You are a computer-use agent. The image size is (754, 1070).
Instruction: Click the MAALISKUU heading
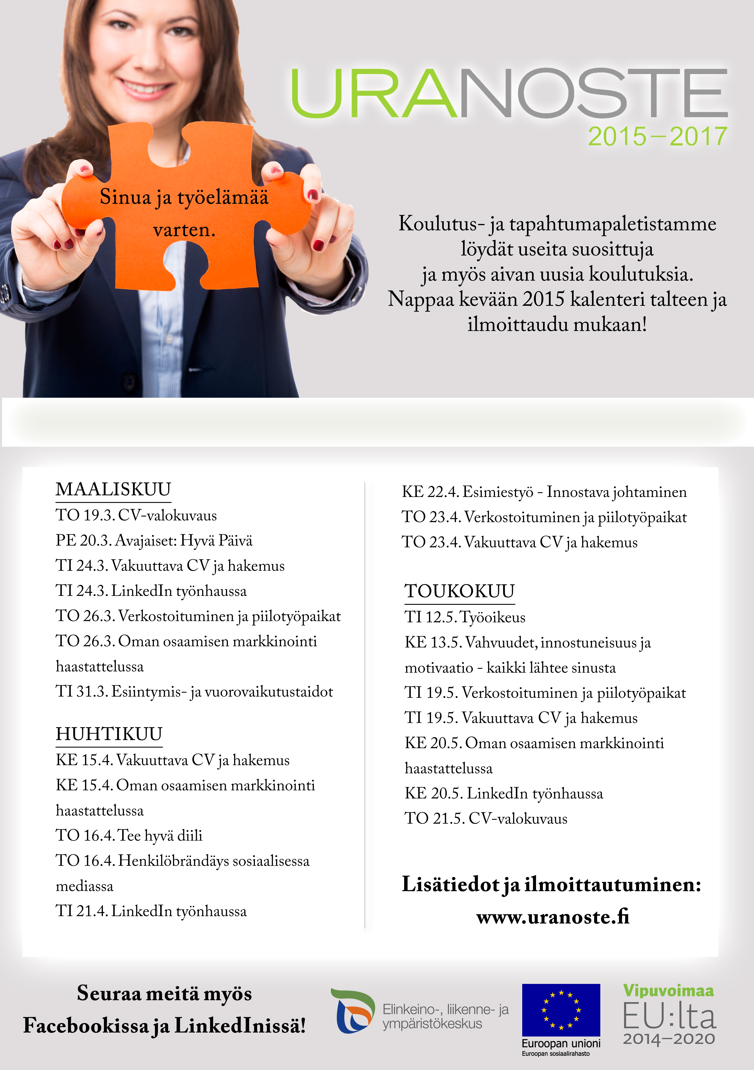(x=113, y=489)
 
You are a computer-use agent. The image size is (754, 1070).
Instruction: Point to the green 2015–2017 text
(x=657, y=137)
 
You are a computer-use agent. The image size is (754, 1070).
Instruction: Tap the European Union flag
(x=561, y=1010)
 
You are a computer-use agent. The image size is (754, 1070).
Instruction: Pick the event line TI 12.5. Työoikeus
(x=465, y=617)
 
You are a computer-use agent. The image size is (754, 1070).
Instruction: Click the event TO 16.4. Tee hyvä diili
(x=129, y=835)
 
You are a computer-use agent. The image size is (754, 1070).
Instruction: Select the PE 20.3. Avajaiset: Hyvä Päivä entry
(x=154, y=541)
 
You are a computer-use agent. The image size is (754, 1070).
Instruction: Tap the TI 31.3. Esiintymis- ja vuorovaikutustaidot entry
(x=194, y=692)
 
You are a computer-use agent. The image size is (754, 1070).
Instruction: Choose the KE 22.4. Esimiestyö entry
(x=544, y=492)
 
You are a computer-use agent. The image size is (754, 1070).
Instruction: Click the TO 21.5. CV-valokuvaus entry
(x=486, y=818)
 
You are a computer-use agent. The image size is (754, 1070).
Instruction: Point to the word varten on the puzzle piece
(x=184, y=230)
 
